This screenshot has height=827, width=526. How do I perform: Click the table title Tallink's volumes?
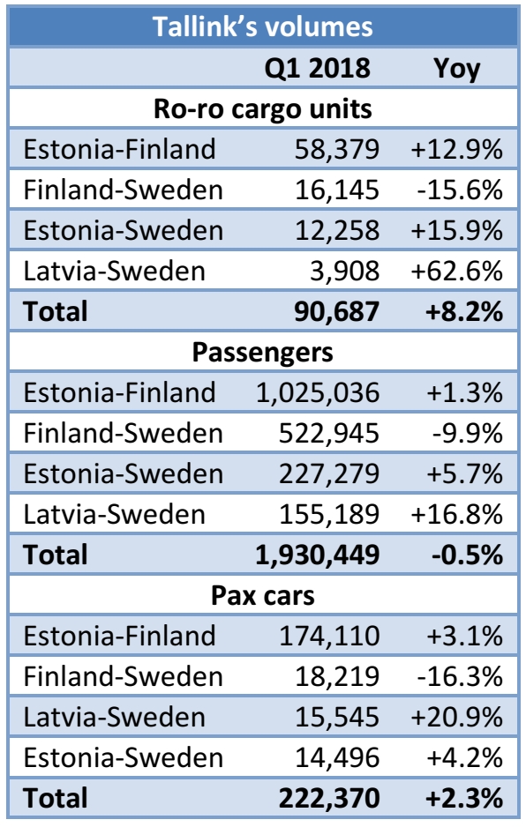coord(262,26)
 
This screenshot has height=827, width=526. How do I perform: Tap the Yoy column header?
coord(457,69)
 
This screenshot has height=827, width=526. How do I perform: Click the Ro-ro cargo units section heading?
coord(262,109)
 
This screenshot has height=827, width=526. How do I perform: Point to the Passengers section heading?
coord(262,352)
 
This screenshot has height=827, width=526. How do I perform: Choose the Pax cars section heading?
coord(262,594)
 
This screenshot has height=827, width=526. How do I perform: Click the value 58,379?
coord(337,149)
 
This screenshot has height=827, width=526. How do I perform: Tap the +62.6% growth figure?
coord(456,271)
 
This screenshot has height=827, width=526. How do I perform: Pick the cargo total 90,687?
coord(335,311)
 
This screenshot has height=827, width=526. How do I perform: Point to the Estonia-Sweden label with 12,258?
coord(123,230)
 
